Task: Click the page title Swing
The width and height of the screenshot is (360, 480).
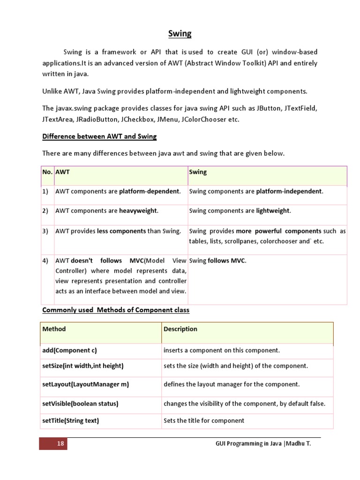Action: [180, 34]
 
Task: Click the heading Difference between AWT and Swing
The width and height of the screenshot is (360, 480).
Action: [99, 136]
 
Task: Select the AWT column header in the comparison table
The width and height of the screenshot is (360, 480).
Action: [63, 172]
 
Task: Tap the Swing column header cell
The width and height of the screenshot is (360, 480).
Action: [198, 172]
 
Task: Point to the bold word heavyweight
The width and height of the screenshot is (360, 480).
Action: [138, 211]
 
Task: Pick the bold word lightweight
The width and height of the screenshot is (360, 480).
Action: [273, 211]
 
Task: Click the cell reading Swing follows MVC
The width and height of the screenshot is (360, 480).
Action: [217, 261]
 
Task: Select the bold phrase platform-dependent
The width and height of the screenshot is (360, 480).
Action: [149, 191]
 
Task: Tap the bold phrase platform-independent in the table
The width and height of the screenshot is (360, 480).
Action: [289, 191]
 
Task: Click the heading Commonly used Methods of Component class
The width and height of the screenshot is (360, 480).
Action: [116, 310]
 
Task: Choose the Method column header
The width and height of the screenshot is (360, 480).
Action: [54, 329]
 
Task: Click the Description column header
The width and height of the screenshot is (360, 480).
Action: [180, 329]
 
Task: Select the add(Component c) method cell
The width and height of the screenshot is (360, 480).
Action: [69, 350]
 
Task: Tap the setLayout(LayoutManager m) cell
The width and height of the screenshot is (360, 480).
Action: [85, 384]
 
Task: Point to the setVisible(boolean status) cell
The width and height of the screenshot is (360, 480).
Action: [80, 404]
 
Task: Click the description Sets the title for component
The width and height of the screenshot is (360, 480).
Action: [204, 420]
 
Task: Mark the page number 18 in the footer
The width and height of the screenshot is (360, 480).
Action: [60, 443]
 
